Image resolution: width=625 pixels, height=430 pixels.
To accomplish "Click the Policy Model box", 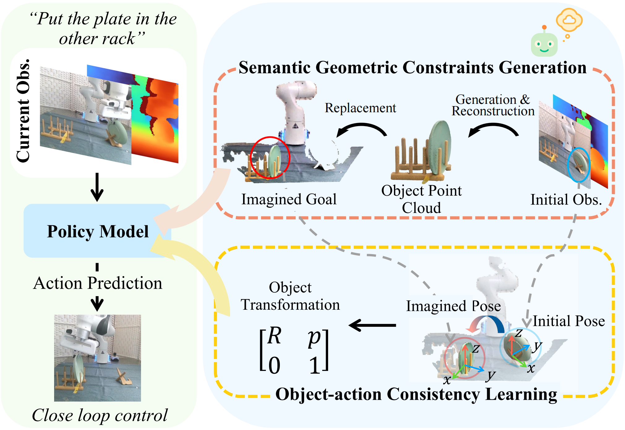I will coord(97,231).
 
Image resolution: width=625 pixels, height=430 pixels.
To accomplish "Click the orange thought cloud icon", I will coord(569,20).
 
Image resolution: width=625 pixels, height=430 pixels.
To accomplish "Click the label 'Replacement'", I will coord(360,108).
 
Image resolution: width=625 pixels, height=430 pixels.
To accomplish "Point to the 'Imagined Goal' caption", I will coord(289,199).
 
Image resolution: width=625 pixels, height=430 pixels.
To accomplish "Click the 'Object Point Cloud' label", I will coord(421,199).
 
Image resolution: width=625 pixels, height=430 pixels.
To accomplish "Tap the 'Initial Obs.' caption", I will coord(566,199).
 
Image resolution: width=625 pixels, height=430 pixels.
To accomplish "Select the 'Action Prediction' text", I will coord(98,283).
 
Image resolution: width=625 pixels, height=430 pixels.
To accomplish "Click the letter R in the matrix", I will coord(274,336).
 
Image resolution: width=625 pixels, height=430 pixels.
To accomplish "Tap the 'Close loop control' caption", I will coord(100,415).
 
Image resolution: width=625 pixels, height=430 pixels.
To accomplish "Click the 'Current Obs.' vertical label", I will coord(24,110).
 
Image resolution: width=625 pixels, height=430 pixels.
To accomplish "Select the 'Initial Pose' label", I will coord(569,321).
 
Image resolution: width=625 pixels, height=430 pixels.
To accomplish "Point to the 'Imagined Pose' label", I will coord(453,306).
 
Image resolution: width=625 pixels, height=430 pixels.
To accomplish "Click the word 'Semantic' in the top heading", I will coord(274,67).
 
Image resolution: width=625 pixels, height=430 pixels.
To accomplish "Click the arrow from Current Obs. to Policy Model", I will coord(97,187).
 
